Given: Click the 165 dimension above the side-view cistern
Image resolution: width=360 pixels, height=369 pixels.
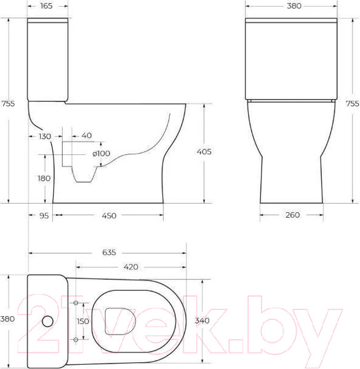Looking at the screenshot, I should point(46,6).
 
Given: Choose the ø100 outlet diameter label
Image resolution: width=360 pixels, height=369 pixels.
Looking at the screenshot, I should point(101,153).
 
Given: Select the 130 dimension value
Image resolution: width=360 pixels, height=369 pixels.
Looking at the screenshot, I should point(44,136).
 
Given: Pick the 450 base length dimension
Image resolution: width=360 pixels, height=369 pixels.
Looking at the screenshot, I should point(108,215).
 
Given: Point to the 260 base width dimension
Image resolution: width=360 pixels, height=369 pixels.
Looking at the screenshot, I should point(292,215).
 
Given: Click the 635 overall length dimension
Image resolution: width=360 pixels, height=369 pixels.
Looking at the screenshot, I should point(108,253).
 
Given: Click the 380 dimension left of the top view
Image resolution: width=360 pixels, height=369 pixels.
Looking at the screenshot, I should point(7,319).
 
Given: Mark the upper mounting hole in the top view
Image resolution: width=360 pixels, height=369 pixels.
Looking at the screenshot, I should point(76,304).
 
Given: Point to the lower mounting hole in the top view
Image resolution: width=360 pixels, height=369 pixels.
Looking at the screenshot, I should point(76,339).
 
